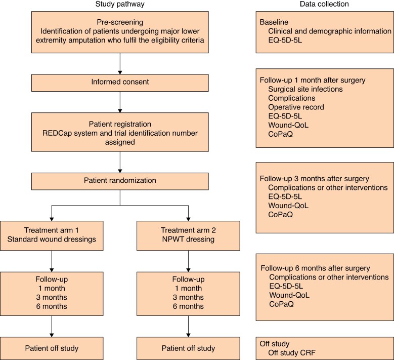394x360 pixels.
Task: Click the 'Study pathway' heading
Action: point(120,4)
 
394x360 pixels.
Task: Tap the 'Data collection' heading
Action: point(324,4)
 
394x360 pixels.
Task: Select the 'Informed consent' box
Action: point(120,83)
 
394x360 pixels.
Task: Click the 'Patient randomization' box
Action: point(120,181)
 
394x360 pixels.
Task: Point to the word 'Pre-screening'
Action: point(120,22)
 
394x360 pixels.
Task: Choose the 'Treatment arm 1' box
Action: point(52,236)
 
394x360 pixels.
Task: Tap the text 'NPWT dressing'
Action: point(188,239)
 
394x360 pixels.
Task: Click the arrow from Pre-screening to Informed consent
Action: point(120,64)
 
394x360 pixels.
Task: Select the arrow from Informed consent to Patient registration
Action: point(120,102)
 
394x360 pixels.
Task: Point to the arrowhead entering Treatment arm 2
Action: point(188,219)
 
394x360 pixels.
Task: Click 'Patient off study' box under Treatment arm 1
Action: point(52,348)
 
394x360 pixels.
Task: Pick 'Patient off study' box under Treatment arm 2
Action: point(188,348)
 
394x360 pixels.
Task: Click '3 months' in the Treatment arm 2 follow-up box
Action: point(188,297)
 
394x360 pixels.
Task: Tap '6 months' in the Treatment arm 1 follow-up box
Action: point(52,306)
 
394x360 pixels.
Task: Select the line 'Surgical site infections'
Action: point(305,89)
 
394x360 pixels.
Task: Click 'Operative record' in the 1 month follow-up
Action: point(296,107)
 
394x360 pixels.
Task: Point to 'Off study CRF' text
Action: point(292,353)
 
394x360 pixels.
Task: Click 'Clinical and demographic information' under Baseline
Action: point(330,31)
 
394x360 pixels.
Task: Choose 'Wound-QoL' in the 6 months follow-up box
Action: point(289,295)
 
